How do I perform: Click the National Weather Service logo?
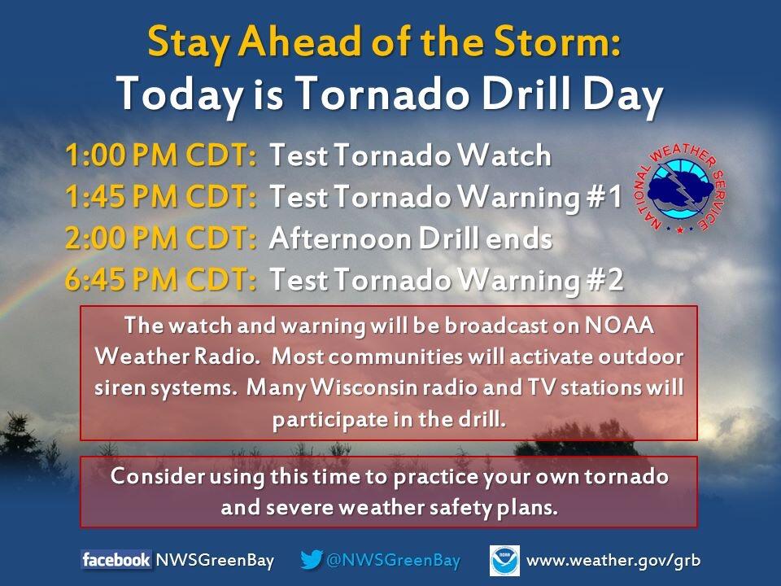coord(681,188)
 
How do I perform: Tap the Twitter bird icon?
coord(312,560)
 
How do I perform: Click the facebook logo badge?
coord(116,560)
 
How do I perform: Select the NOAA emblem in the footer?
coord(504,560)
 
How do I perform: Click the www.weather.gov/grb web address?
coord(613,561)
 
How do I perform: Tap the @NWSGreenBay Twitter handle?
coord(393,560)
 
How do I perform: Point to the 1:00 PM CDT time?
coord(161,155)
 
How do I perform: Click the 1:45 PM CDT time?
coord(161,196)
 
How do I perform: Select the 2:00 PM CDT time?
coord(161,238)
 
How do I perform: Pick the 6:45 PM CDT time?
coord(161,279)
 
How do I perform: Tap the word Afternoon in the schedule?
coord(341,238)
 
